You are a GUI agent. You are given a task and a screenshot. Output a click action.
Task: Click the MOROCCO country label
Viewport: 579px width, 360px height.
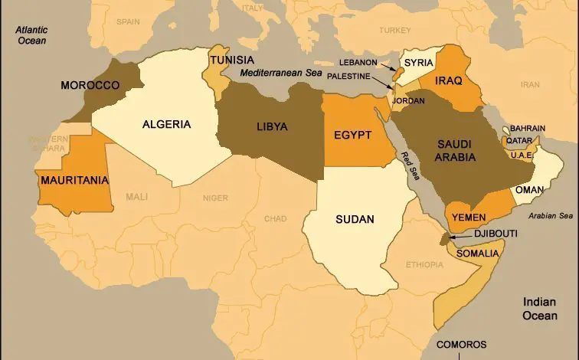pyautogui.click(x=90, y=85)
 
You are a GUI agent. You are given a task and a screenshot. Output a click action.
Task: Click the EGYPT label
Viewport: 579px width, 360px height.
pyautogui.click(x=353, y=136)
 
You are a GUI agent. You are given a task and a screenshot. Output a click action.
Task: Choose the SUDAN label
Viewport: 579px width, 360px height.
pyautogui.click(x=355, y=219)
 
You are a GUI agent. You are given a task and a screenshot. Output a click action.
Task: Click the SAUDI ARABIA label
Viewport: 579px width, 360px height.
pyautogui.click(x=457, y=150)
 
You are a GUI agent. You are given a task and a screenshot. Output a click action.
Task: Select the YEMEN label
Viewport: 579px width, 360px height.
pyautogui.click(x=469, y=217)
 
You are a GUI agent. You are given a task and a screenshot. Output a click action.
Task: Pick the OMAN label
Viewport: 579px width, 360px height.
pyautogui.click(x=529, y=189)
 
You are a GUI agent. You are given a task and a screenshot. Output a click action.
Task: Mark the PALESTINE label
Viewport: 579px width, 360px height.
pyautogui.click(x=348, y=77)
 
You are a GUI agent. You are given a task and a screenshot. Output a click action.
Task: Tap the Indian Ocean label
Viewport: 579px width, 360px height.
pyautogui.click(x=540, y=308)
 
